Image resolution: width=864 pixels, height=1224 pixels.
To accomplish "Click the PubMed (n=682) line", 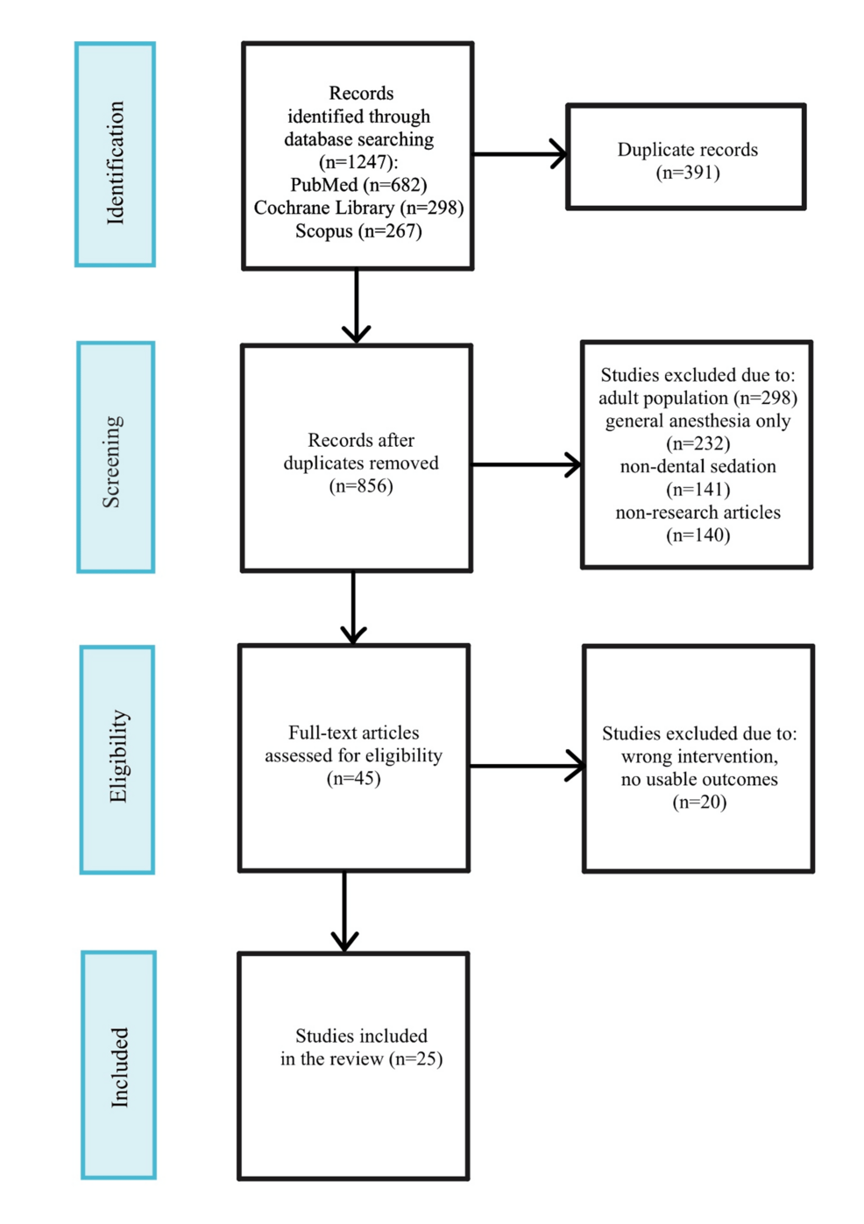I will [x=358, y=185].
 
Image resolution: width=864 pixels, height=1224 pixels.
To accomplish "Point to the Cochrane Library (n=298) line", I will [x=358, y=208].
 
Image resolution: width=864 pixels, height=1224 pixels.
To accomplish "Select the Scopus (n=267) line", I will [x=358, y=231].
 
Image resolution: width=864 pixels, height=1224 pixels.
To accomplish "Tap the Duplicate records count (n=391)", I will [x=688, y=173].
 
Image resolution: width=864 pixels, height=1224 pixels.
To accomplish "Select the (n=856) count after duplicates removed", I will [x=361, y=486].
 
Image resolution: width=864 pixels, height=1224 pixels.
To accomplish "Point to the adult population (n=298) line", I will [x=698, y=398].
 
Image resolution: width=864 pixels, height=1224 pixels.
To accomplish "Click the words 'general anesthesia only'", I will [x=698, y=421].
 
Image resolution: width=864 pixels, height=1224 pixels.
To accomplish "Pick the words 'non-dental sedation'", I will [x=698, y=466].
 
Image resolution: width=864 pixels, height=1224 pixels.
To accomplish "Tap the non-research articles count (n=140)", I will [x=698, y=535].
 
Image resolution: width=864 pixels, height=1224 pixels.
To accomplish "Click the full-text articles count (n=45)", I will [x=353, y=778].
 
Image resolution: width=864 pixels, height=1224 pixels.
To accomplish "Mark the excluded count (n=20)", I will [x=698, y=802].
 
